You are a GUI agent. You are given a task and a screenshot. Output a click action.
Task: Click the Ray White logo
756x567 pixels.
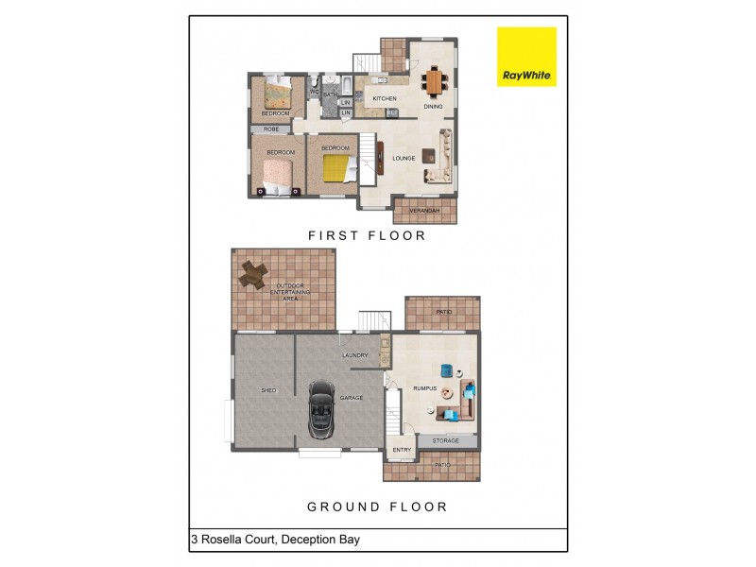[526, 57]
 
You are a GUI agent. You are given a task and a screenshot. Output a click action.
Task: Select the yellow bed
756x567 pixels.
[336, 169]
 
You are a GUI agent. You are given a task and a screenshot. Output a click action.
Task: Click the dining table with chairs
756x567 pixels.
[434, 81]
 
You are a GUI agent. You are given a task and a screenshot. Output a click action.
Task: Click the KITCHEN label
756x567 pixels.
[384, 98]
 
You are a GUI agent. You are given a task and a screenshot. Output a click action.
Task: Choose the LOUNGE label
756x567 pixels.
[404, 158]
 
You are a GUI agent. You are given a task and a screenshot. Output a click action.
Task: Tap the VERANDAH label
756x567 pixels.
[424, 210]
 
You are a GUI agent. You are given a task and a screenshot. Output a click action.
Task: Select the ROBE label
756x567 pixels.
[271, 129]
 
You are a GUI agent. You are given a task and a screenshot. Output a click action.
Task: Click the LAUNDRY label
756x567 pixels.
[355, 355]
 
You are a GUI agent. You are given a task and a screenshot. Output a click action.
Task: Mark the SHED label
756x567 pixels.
[268, 389]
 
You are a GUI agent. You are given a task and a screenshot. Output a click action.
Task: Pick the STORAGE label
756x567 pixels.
[445, 440]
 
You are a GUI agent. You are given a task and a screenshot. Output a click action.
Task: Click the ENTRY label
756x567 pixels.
[402, 450]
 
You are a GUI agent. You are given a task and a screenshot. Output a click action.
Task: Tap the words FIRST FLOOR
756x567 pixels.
[368, 235]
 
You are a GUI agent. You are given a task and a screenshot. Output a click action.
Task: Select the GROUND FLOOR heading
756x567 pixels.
[377, 507]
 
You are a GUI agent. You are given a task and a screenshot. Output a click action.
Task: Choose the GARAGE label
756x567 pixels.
[352, 399]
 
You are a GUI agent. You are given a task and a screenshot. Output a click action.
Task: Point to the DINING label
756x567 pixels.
[433, 107]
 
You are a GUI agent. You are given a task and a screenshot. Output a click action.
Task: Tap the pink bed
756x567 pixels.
[276, 171]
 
